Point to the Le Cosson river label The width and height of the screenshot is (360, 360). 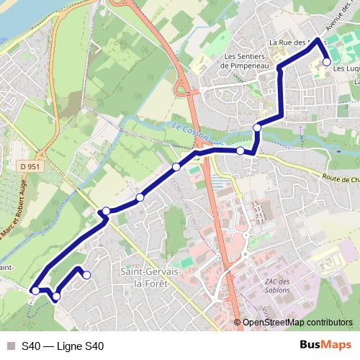click(x=189, y=130)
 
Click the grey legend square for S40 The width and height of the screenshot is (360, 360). click(x=10, y=346)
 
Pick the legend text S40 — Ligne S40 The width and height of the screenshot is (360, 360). click(x=63, y=346)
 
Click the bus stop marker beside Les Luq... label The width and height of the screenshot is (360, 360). click(x=327, y=63)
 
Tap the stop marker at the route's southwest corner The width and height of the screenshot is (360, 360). click(x=35, y=291)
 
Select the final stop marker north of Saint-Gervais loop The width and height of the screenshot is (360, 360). click(x=86, y=274)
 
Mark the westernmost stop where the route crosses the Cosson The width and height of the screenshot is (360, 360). click(x=106, y=211)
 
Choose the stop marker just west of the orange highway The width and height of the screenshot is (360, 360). click(x=176, y=168)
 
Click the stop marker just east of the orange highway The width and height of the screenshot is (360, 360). click(x=240, y=150)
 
